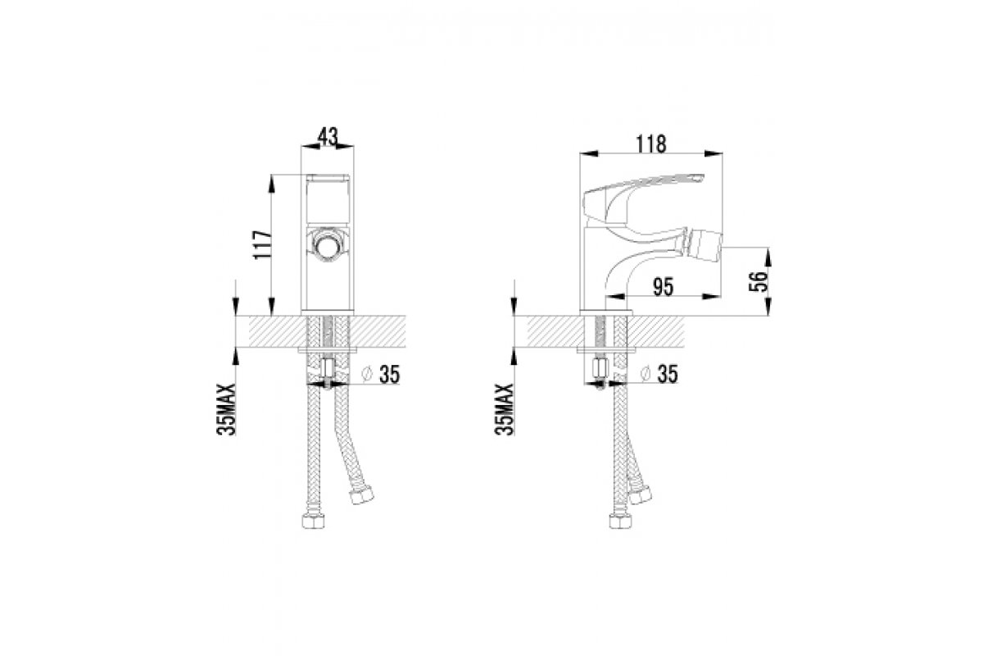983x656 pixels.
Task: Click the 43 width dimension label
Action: coord(328,137)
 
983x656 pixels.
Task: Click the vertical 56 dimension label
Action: coord(759,281)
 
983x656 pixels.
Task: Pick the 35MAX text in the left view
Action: coord(226,409)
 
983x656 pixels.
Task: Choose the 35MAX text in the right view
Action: coord(504,409)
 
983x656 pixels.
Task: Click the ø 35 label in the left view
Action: coord(380,375)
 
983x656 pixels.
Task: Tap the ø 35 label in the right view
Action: coord(659,374)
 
